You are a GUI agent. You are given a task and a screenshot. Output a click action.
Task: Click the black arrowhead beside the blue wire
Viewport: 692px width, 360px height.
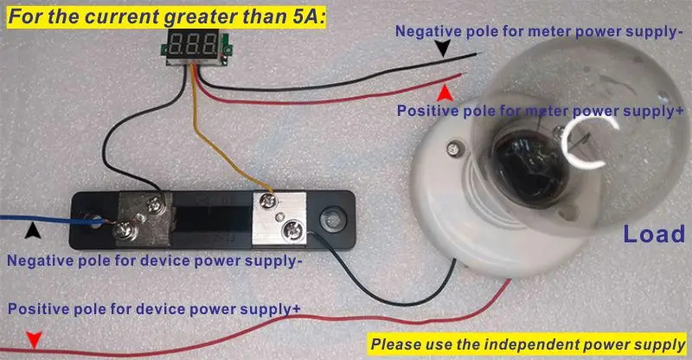[x=33, y=230]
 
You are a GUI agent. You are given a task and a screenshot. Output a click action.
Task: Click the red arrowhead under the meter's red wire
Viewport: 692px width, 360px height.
[x=445, y=93]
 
